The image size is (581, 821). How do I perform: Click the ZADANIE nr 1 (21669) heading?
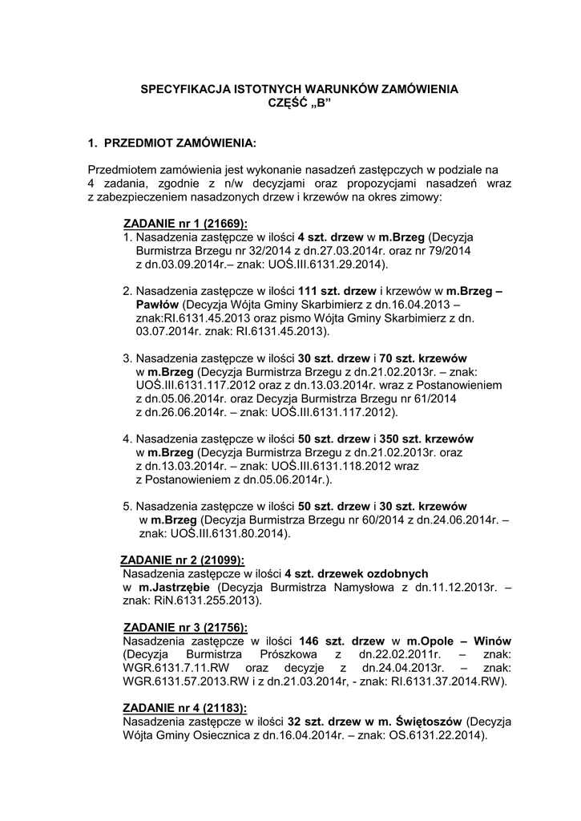click(x=185, y=224)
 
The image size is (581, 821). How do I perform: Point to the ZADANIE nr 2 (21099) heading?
click(x=182, y=560)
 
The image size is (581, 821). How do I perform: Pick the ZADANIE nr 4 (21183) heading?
click(x=185, y=709)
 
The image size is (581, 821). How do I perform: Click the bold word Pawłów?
click(x=157, y=305)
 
